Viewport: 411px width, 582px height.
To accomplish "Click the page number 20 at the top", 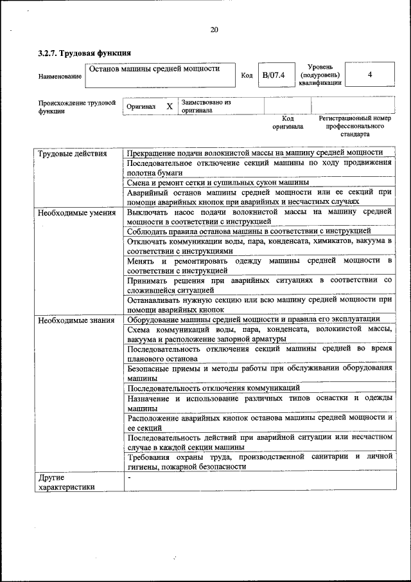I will pyautogui.click(x=214, y=29).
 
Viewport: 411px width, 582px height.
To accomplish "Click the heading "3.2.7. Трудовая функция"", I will pyautogui.click(x=85, y=53).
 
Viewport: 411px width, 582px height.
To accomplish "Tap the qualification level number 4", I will pyautogui.click(x=369, y=75).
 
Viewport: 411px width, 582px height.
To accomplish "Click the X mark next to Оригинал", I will pyautogui.click(x=170, y=106).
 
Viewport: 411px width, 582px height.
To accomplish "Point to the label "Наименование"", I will pyautogui.click(x=60, y=77).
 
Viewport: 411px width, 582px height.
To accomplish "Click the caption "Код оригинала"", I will pyautogui.click(x=287, y=122).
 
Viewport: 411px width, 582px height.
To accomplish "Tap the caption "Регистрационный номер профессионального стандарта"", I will pyautogui.click(x=354, y=127).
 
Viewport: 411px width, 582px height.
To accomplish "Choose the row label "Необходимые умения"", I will pyautogui.click(x=76, y=212).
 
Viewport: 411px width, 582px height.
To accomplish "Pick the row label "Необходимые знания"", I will pyautogui.click(x=76, y=320).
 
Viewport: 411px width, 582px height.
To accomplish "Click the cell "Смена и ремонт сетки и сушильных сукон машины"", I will pyautogui.click(x=218, y=183).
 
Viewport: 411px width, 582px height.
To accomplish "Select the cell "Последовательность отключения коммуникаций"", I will pyautogui.click(x=213, y=388).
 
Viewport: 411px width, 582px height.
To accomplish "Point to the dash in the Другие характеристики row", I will pyautogui.click(x=129, y=478).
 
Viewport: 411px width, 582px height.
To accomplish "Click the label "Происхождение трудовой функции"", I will pyautogui.click(x=76, y=106).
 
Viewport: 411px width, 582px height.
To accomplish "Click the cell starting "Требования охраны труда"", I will pyautogui.click(x=259, y=461).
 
